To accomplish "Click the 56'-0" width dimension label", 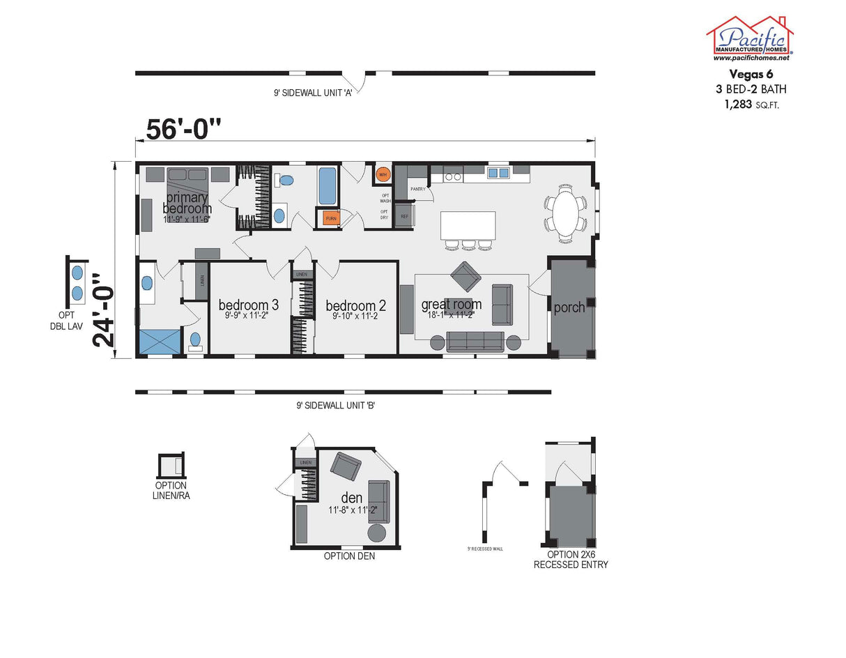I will (x=184, y=129).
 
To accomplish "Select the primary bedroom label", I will (x=187, y=203).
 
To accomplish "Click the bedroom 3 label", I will (x=249, y=305).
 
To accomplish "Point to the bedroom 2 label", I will (x=355, y=305).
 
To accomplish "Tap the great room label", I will (x=451, y=305).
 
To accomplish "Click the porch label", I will (x=569, y=307).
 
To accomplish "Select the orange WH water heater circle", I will (x=383, y=174).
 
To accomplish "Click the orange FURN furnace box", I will (x=330, y=219).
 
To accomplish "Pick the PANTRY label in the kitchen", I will (x=417, y=189).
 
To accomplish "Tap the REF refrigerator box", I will (x=404, y=217).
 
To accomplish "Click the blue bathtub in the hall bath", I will (x=328, y=185).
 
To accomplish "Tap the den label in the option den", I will (x=351, y=497).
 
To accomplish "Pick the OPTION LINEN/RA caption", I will (x=171, y=490).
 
